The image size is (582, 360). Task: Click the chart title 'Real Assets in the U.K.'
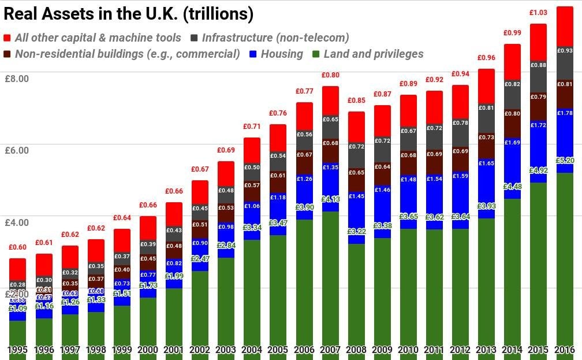point(128,13)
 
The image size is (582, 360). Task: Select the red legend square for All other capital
point(8,38)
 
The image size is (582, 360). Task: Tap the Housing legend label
point(282,54)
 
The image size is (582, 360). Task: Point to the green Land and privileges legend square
point(316,54)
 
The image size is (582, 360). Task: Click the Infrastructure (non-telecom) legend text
point(275,38)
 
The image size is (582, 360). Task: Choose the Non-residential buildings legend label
point(127,54)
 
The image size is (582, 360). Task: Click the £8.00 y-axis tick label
point(16,79)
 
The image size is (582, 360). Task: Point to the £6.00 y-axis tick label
point(16,151)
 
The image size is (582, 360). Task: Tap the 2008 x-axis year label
point(356,350)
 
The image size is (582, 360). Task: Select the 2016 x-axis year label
point(564,350)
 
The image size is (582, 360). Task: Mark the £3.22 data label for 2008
point(356,231)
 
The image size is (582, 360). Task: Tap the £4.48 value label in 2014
point(512,186)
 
